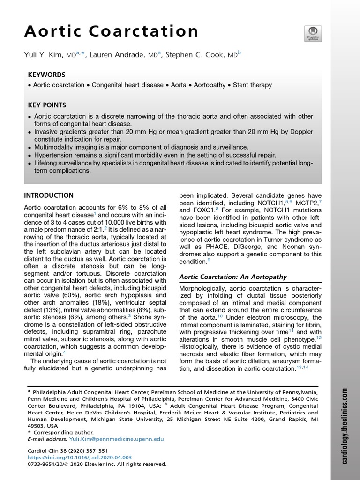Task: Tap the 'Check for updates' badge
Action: point(313,34)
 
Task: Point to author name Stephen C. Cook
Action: point(197,55)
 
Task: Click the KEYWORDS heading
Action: point(46,75)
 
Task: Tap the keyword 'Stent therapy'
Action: point(255,85)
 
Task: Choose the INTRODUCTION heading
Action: point(48,195)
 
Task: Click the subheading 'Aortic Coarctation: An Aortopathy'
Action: point(233,277)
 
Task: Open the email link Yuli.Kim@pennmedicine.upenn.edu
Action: point(117,439)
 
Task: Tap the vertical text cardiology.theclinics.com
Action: point(345,426)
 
